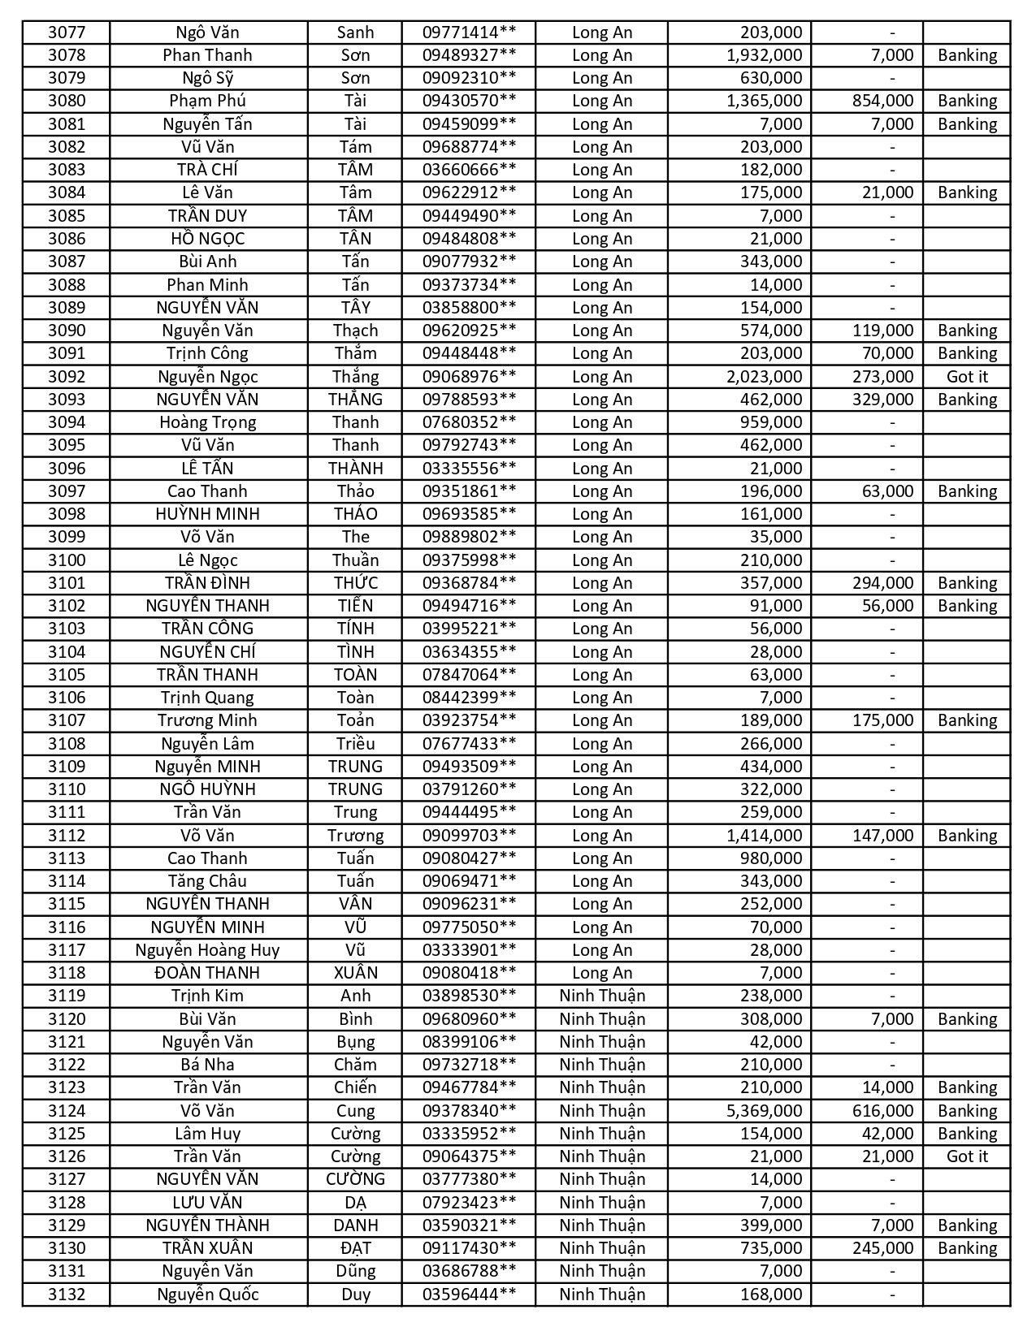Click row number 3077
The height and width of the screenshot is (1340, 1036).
pyautogui.click(x=66, y=32)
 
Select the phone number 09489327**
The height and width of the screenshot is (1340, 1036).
pyautogui.click(x=469, y=55)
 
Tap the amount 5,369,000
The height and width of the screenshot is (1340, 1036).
pyautogui.click(x=764, y=1110)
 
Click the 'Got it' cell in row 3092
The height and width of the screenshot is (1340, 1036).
pyautogui.click(x=967, y=376)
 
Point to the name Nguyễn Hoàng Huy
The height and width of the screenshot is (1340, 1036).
pyautogui.click(x=207, y=949)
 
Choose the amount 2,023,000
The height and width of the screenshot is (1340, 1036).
pyautogui.click(x=764, y=376)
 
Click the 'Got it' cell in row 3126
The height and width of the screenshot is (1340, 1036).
pyautogui.click(x=967, y=1156)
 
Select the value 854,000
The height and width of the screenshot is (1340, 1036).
pyautogui.click(x=882, y=101)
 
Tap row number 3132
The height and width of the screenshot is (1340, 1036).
pyautogui.click(x=66, y=1294)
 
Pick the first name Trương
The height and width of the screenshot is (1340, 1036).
pyautogui.click(x=355, y=835)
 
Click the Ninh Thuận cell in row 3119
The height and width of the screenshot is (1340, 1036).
pyautogui.click(x=601, y=996)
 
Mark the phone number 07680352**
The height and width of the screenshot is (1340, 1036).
pyautogui.click(x=469, y=422)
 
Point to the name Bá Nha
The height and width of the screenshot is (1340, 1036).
pyautogui.click(x=207, y=1064)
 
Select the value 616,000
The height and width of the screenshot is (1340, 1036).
pyautogui.click(x=882, y=1110)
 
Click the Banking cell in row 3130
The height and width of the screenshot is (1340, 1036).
pyautogui.click(x=967, y=1247)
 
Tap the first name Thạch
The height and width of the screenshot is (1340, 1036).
pyautogui.click(x=355, y=331)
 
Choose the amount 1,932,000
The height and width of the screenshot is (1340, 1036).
pyautogui.click(x=764, y=55)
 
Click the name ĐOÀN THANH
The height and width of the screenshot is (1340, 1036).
pyautogui.click(x=207, y=972)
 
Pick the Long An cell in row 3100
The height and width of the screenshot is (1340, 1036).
pyautogui.click(x=601, y=560)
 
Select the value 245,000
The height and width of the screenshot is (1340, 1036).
pyautogui.click(x=882, y=1247)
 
